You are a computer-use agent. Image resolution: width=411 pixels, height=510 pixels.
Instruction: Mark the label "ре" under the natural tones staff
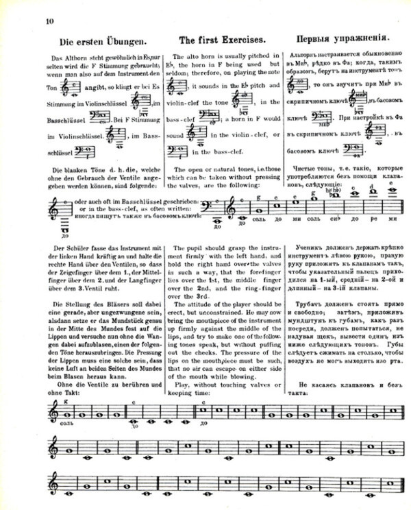coord(371,221)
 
